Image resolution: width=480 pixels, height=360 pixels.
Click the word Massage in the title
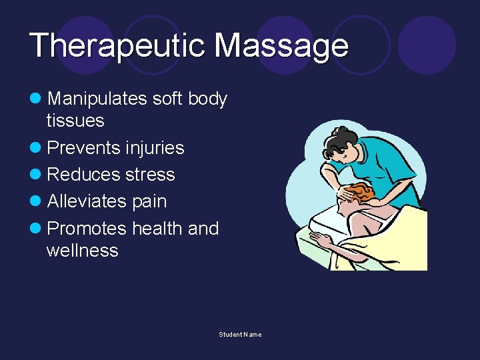281,46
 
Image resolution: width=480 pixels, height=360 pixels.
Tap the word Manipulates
97,99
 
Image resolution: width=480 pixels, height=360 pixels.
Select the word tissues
75,121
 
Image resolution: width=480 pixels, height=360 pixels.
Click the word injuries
155,147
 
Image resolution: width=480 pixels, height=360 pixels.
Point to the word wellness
82,251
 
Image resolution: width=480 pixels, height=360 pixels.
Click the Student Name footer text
240,334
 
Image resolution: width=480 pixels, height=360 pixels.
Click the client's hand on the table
319,238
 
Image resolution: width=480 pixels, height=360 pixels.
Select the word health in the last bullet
157,229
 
